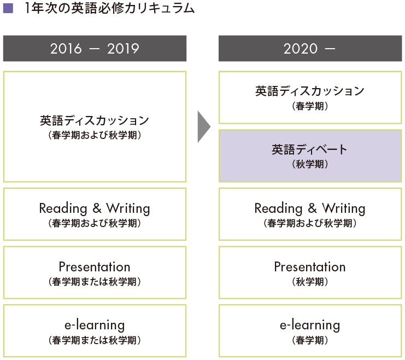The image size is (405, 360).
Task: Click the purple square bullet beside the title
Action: (x=8, y=8)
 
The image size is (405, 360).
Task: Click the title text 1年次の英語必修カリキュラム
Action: (x=109, y=8)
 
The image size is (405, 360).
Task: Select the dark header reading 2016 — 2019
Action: (x=95, y=48)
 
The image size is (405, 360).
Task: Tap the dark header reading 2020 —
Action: (x=310, y=48)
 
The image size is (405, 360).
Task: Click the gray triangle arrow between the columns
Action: (x=203, y=127)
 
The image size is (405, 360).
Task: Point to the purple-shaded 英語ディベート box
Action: (x=310, y=156)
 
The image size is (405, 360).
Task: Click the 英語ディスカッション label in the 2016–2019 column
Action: (x=95, y=120)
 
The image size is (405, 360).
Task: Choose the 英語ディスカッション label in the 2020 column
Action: (x=310, y=91)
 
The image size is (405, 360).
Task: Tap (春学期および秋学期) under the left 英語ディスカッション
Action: (x=95, y=135)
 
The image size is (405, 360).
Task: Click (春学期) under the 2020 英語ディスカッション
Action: (x=310, y=106)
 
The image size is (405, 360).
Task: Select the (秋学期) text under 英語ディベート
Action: (x=310, y=164)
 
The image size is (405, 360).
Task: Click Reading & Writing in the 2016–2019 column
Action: (x=95, y=208)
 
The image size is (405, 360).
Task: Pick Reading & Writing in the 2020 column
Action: (x=310, y=208)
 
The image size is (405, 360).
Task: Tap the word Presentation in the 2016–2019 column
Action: (x=95, y=266)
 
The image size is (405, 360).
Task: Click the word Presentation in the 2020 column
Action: (x=310, y=266)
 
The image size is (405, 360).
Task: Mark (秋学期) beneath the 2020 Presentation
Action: (x=310, y=282)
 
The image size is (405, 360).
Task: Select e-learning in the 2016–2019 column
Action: (x=95, y=326)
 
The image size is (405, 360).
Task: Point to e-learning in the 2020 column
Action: (x=310, y=326)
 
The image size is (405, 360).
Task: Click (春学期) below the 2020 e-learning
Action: (x=310, y=340)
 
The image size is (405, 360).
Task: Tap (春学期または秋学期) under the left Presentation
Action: (x=95, y=282)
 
